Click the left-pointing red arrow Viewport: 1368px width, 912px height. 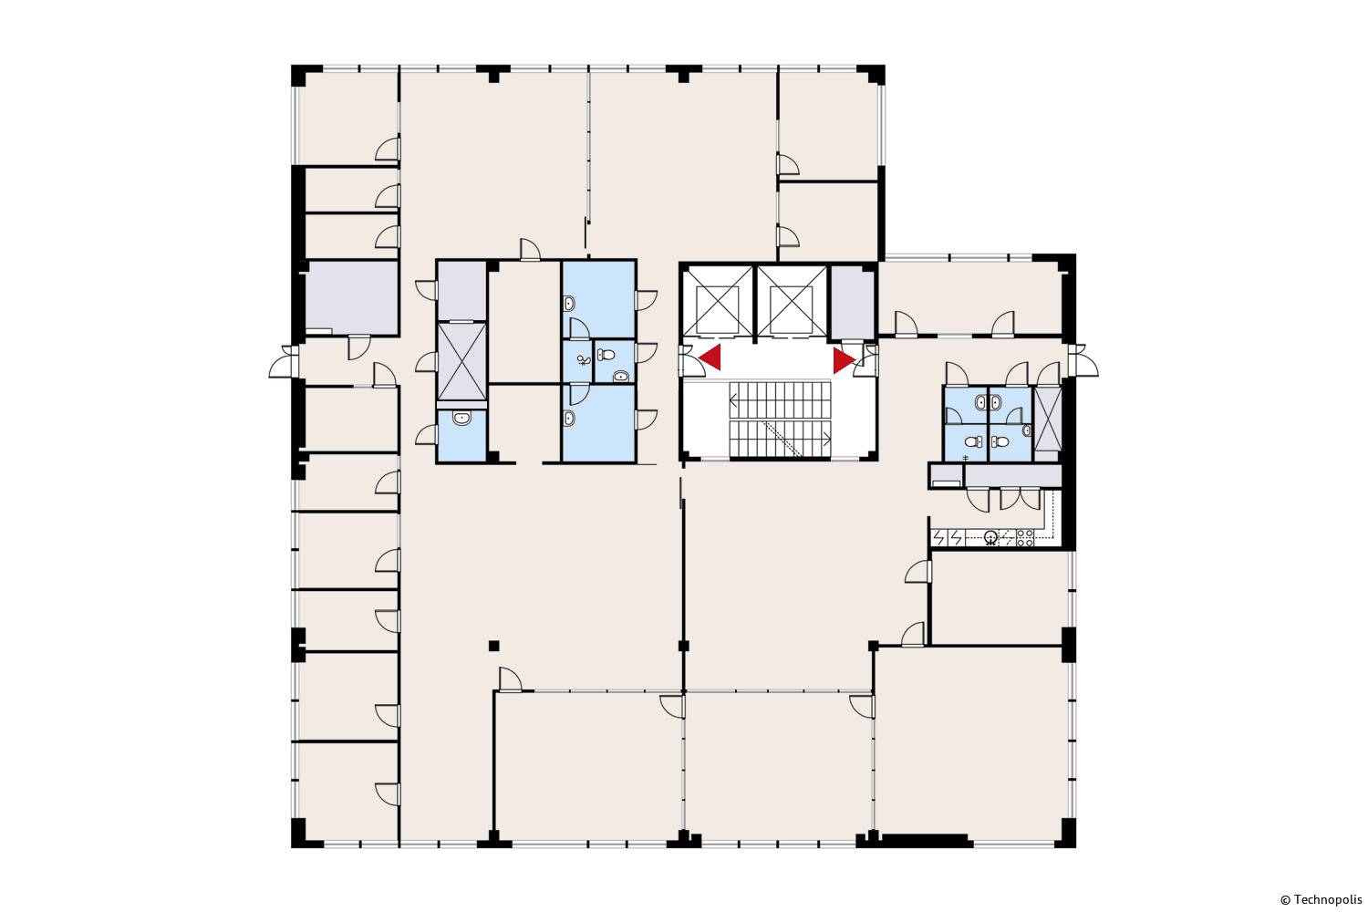tap(710, 358)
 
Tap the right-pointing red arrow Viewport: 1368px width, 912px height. tap(845, 360)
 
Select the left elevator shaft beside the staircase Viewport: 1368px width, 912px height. tap(718, 301)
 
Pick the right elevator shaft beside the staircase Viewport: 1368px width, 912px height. tap(793, 301)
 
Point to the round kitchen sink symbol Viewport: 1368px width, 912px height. tap(990, 537)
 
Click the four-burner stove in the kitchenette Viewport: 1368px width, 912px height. tap(1025, 537)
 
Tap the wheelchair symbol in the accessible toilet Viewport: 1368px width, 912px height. tap(584, 360)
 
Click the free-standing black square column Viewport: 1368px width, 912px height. tap(494, 646)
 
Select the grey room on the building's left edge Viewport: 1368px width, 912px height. tap(352, 297)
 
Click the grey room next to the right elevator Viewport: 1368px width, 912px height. tap(853, 302)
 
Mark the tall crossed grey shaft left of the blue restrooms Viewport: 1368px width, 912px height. tap(461, 362)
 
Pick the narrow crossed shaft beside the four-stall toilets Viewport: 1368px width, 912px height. tap(1047, 419)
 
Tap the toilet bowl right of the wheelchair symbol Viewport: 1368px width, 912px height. tap(606, 354)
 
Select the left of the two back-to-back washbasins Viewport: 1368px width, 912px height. tap(980, 402)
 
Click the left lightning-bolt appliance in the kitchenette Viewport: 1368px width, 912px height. tap(939, 537)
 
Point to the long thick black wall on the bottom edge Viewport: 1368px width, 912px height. tap(925, 841)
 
